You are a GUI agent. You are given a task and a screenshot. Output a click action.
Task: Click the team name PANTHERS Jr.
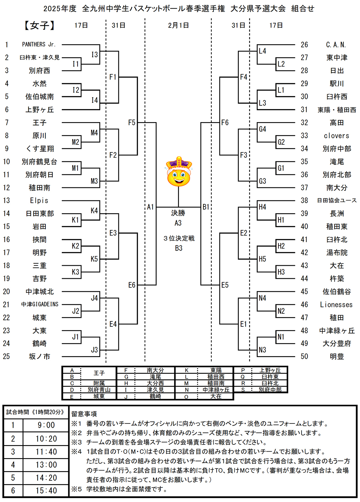[39, 45]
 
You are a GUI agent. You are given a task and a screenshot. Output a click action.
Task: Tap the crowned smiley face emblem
[179, 172]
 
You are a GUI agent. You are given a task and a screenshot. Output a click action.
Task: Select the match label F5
[132, 123]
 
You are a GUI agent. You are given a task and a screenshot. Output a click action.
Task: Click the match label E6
[132, 285]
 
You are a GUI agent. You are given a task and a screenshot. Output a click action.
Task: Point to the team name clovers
[337, 136]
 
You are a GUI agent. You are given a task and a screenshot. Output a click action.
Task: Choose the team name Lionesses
[336, 305]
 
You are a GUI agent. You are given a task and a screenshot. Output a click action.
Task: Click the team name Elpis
[39, 201]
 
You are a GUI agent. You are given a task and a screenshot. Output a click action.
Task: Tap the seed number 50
[304, 356]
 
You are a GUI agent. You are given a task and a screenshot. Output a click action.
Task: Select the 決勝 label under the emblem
[178, 213]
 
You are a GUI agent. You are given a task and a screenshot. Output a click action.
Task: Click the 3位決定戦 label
[179, 238]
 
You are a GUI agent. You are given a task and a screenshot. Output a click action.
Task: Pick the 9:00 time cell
[46, 425]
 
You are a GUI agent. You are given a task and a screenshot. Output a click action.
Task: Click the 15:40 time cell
[46, 491]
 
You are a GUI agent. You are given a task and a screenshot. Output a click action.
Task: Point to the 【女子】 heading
[39, 25]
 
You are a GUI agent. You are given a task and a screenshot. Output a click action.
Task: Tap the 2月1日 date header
[178, 25]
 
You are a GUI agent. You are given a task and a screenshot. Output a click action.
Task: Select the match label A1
[150, 207]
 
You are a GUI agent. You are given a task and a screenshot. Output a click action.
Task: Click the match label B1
[206, 207]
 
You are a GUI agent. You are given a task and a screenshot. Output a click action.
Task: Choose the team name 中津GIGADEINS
[40, 304]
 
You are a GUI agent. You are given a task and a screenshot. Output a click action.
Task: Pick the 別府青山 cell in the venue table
[99, 390]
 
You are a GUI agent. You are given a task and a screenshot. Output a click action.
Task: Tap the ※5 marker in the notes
[76, 489]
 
